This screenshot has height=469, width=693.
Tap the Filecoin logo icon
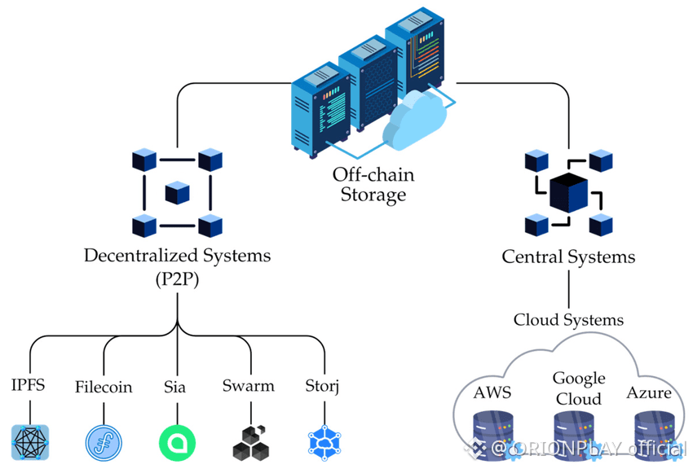point(104,441)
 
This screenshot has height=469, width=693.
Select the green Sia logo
point(177,441)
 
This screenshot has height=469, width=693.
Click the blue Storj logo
point(324,441)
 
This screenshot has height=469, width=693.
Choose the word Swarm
point(249,385)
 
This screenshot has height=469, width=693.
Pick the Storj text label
point(321,385)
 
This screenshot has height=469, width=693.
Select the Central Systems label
point(568,257)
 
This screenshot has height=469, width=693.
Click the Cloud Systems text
point(568,320)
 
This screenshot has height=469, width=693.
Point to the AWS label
point(492,393)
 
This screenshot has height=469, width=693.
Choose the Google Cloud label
point(579,388)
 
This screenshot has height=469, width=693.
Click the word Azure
point(649,393)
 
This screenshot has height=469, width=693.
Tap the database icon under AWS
point(492,432)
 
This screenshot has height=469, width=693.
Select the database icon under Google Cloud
point(573,432)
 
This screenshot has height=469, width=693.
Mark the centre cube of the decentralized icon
point(177,193)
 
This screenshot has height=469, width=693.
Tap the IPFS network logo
point(30,441)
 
